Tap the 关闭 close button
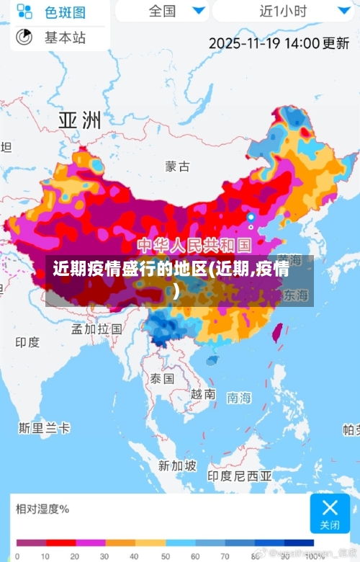(330, 513)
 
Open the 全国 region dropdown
(172, 11)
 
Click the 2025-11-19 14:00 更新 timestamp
(279, 43)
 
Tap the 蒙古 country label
(177, 166)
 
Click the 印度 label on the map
(27, 342)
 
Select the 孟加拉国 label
(96, 329)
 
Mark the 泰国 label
(162, 378)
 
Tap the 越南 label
(203, 394)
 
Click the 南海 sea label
(239, 397)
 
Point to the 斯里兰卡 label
(45, 428)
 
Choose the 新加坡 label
(177, 465)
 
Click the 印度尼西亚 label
(240, 476)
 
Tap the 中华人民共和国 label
(194, 244)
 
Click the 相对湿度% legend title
(42, 509)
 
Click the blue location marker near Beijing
(251, 216)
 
